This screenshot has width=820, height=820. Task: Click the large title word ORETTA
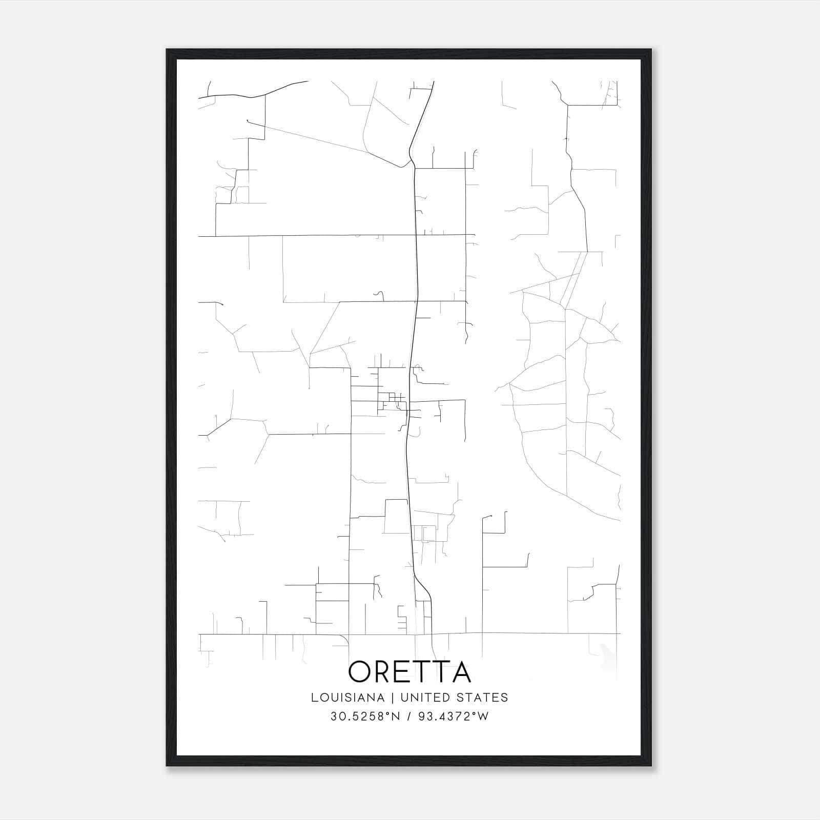click(x=409, y=671)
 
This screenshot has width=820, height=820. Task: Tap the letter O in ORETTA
click(x=360, y=671)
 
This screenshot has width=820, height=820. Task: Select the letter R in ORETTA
click(x=384, y=671)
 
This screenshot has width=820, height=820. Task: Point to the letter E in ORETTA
click(x=405, y=671)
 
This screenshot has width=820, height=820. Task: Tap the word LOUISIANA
click(x=347, y=698)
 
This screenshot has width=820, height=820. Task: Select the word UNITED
click(x=421, y=698)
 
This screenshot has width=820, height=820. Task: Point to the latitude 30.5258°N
click(x=364, y=716)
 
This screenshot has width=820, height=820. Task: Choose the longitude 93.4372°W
click(x=454, y=716)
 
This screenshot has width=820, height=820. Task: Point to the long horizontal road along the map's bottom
click(x=512, y=633)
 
